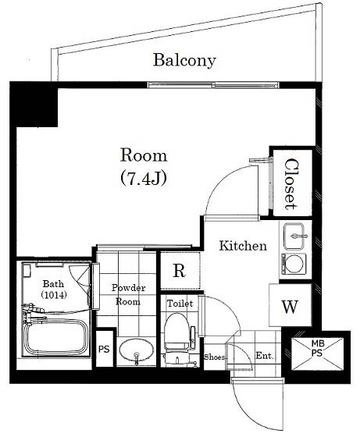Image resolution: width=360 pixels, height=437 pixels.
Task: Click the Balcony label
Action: point(184,60)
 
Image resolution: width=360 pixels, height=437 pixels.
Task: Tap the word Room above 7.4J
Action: point(144,155)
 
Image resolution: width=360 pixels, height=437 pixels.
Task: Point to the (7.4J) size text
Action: point(144,178)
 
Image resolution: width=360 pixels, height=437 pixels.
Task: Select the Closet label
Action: point(292,184)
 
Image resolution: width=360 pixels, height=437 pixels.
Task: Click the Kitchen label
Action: point(243,246)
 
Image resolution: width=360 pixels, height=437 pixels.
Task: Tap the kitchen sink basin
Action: point(294,236)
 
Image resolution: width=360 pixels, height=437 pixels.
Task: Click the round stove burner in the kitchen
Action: point(294,264)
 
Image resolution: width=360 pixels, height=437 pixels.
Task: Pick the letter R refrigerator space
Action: point(180,270)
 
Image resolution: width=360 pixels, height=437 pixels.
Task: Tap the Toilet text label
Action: point(180,304)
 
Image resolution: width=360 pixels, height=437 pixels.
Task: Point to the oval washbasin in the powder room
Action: point(137,350)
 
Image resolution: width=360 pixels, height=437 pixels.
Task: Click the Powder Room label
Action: point(128,295)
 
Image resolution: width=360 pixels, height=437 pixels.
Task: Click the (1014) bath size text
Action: point(54,295)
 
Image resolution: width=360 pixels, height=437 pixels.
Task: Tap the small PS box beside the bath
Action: point(105,348)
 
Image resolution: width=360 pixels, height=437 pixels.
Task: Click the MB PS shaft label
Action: point(317,347)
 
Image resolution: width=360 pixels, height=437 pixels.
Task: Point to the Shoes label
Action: point(214,357)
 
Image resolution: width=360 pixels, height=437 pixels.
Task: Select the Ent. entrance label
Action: point(265,355)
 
